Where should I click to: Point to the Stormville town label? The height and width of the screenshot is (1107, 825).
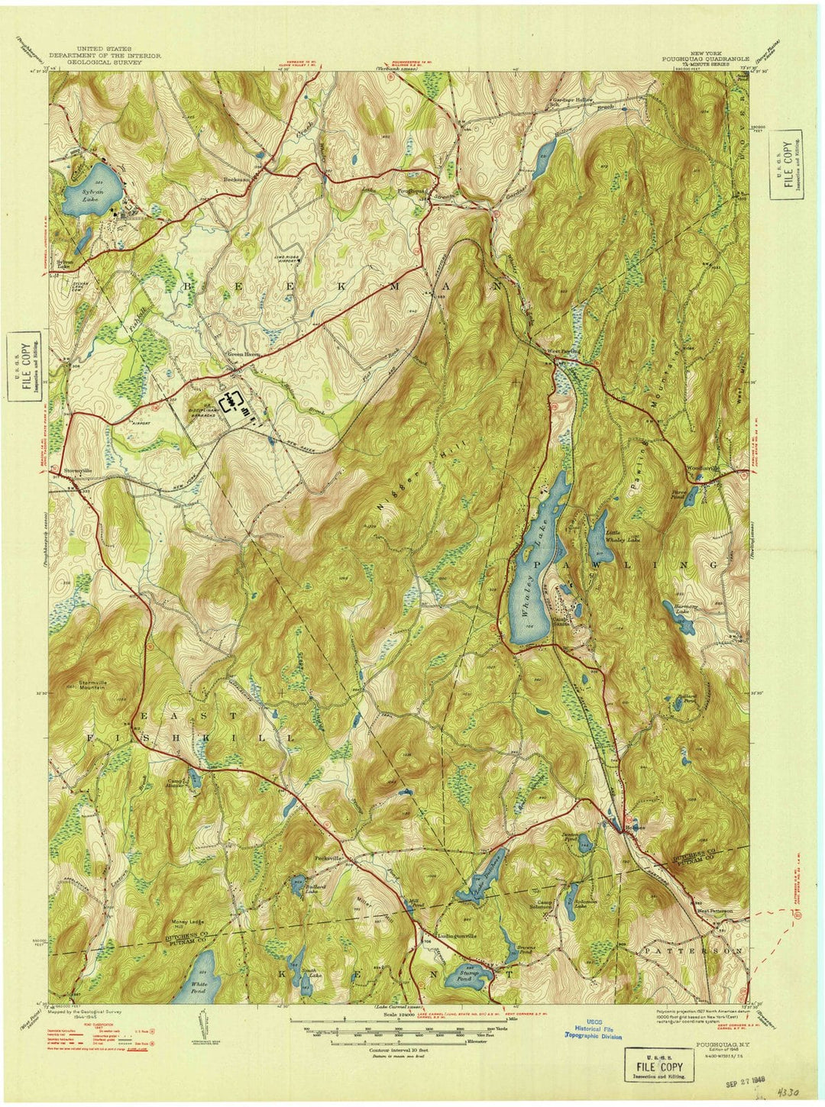tap(78, 470)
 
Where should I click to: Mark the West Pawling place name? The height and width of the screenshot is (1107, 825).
tap(565, 351)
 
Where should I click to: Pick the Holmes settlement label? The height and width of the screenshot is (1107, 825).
tap(623, 828)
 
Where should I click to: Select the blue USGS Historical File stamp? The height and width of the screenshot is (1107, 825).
tap(593, 1031)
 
